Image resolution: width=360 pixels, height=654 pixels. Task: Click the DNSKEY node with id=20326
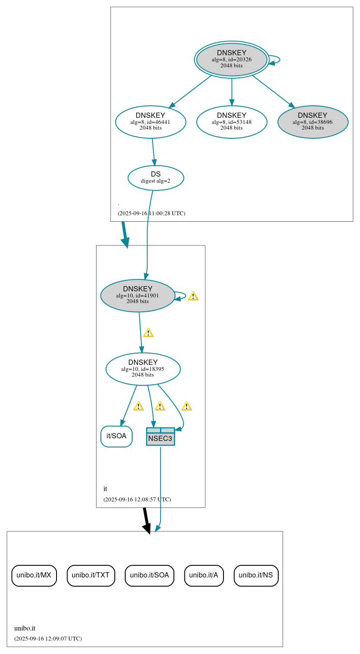[x=231, y=60]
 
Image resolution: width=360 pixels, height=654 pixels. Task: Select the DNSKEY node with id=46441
[x=150, y=122]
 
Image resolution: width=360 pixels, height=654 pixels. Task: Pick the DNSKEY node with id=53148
[x=231, y=122]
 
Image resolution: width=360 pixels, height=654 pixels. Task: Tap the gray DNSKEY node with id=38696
[x=313, y=122]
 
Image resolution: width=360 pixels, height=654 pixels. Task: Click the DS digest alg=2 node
[x=156, y=178]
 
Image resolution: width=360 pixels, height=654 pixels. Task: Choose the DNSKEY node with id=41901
[x=137, y=295]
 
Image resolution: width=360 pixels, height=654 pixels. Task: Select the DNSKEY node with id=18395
[x=143, y=369]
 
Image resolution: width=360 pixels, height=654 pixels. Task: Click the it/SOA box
[x=116, y=436]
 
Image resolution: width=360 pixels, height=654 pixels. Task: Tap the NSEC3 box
[x=160, y=437]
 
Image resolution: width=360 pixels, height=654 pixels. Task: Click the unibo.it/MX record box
[x=34, y=575]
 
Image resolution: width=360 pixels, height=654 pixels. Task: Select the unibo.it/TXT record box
[x=91, y=575]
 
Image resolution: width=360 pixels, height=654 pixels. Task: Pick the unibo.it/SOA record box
[x=150, y=575]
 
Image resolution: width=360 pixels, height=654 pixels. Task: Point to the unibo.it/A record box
[x=204, y=575]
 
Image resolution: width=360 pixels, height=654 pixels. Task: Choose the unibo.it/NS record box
[x=256, y=575]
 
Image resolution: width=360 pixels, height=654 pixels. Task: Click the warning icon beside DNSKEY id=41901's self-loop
[x=193, y=296]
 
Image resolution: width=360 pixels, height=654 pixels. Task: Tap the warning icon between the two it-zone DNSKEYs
[x=148, y=333]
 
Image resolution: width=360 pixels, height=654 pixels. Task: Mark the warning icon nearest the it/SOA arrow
[x=138, y=406]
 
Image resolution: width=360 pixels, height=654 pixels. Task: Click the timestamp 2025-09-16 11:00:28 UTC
[x=151, y=214]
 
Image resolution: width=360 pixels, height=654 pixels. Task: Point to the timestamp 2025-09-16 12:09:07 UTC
[x=48, y=639]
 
